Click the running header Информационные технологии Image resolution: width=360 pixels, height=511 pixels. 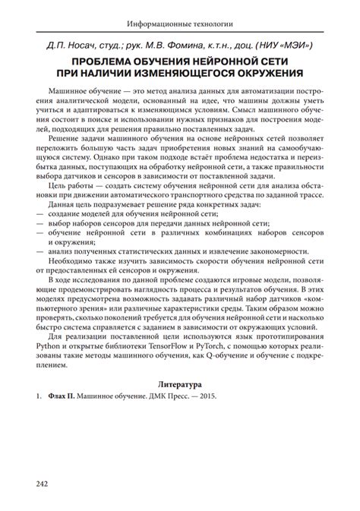tap(180, 24)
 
